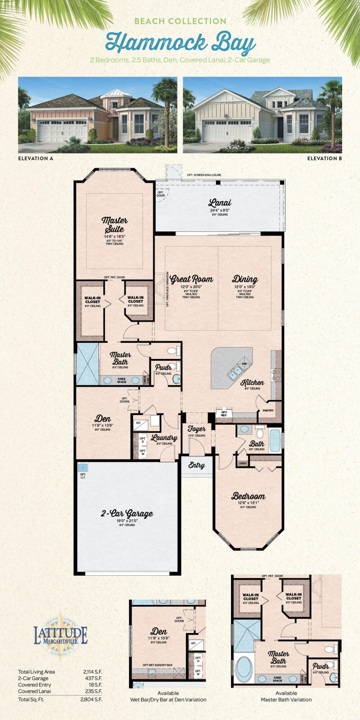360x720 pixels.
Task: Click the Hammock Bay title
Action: (180, 42)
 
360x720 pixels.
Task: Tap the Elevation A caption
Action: (36, 158)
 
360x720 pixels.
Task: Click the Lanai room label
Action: (220, 203)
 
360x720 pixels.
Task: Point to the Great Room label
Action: (191, 279)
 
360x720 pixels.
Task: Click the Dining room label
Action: (245, 279)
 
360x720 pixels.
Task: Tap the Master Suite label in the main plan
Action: (114, 224)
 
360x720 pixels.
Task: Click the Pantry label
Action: (268, 410)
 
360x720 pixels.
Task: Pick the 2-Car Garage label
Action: (127, 513)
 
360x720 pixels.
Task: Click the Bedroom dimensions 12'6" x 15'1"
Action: (248, 503)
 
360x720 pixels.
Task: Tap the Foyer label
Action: (197, 429)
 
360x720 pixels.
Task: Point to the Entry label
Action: (197, 465)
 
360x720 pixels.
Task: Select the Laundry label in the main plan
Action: (164, 438)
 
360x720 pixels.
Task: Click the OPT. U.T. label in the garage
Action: (83, 476)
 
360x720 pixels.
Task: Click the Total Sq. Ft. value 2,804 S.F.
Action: (91, 699)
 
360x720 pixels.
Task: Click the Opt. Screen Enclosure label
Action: (204, 175)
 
